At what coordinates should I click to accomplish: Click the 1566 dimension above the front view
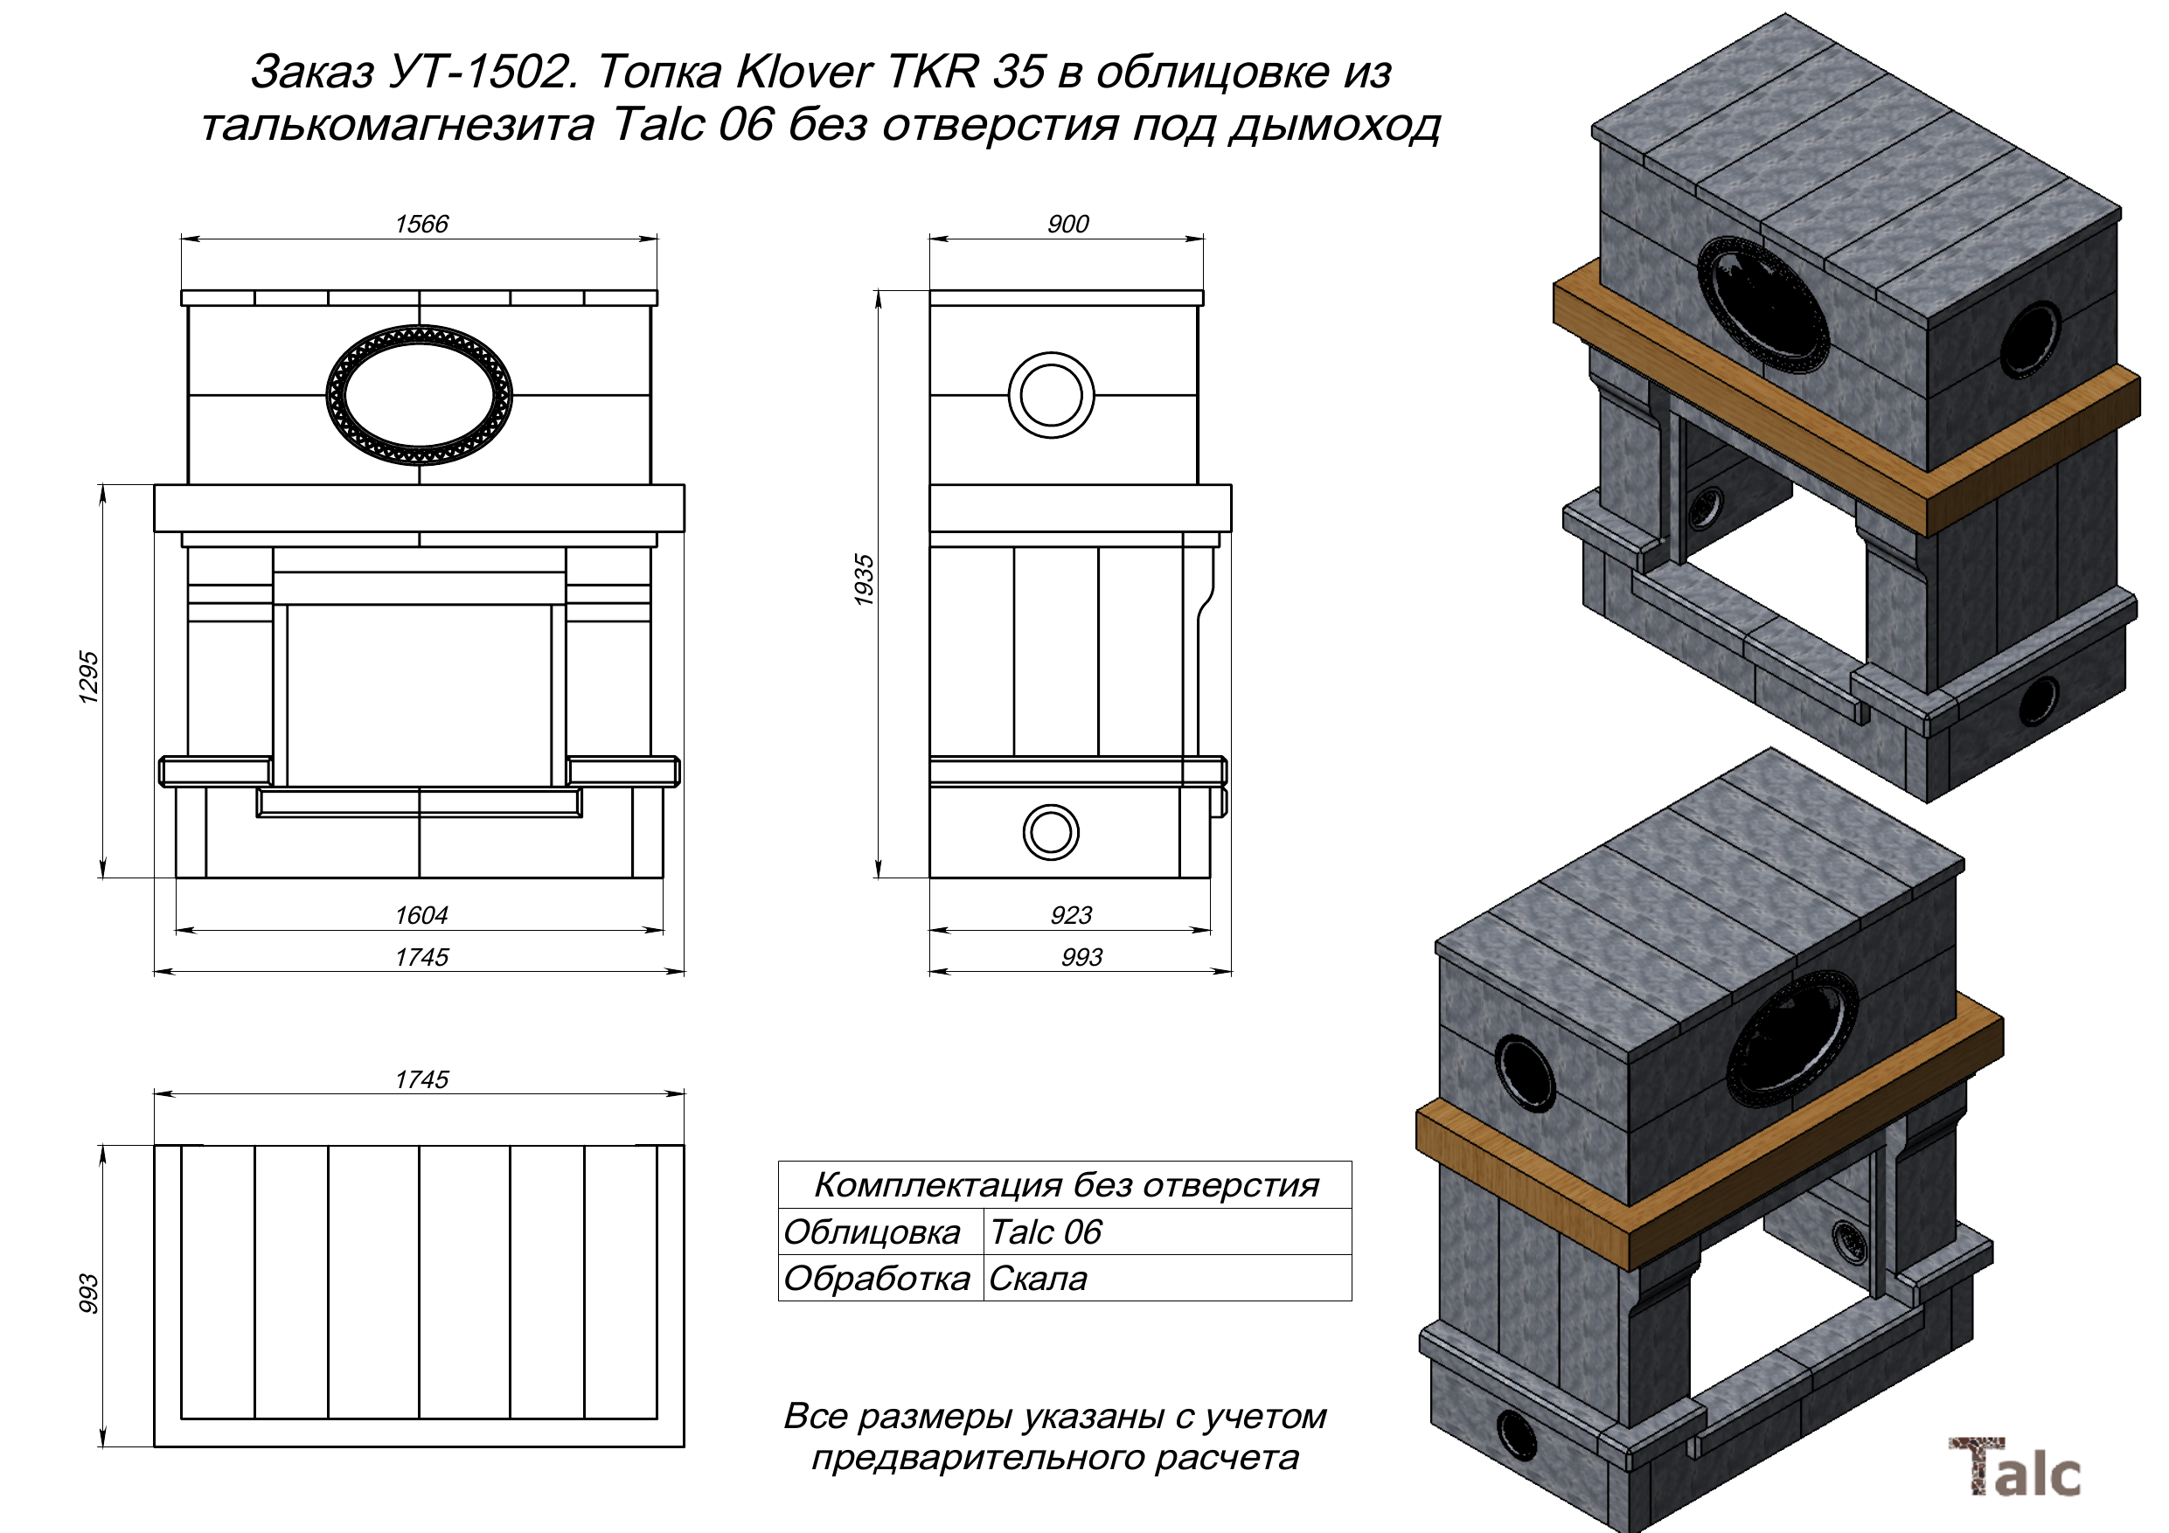421,224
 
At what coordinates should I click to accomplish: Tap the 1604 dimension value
421,914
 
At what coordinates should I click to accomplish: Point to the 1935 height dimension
864,580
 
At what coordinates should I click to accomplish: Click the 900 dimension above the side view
1067,224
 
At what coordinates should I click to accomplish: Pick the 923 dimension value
1070,914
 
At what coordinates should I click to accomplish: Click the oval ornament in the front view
420,395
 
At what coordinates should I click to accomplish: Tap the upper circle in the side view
1052,395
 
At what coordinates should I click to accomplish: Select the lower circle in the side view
1051,832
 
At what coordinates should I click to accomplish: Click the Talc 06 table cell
1045,1231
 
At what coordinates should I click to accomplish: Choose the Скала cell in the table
1037,1278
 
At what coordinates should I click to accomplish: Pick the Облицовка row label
871,1231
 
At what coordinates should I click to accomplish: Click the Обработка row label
877,1278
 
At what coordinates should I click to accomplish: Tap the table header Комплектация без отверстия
1066,1184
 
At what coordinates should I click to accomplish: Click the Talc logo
2014,1467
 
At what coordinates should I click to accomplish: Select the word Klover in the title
804,71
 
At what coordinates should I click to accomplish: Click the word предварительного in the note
977,1458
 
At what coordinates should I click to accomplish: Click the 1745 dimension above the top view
421,1079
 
